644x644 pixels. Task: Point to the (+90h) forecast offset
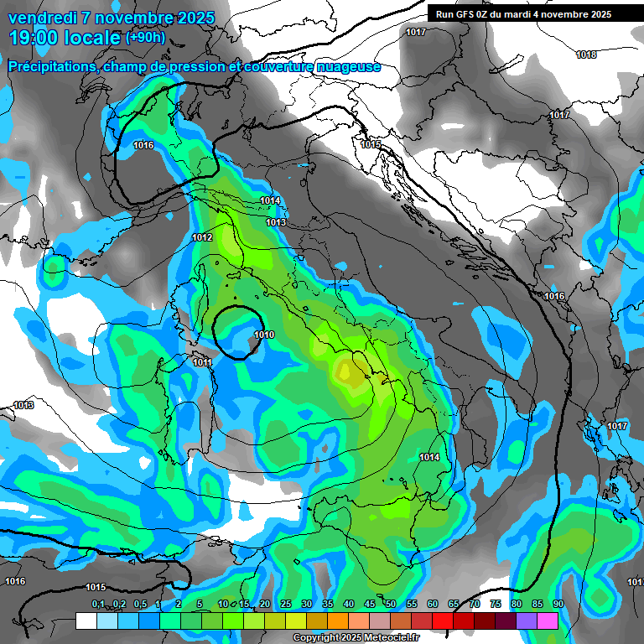click(x=145, y=38)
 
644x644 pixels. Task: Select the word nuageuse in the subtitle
click(x=344, y=66)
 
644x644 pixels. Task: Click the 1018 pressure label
click(x=586, y=55)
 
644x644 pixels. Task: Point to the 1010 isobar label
click(x=264, y=335)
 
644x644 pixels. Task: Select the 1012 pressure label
click(x=202, y=238)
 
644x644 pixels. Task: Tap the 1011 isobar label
click(x=202, y=362)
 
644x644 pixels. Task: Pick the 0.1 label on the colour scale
click(x=97, y=605)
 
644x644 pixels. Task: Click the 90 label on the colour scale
click(x=558, y=605)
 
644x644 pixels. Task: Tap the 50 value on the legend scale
click(x=391, y=605)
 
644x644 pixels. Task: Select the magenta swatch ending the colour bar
click(x=548, y=621)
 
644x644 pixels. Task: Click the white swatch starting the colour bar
click(x=86, y=621)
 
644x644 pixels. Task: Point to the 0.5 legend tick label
click(x=139, y=605)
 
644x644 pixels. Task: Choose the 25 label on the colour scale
click(x=286, y=605)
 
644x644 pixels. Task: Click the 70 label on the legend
click(x=475, y=605)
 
